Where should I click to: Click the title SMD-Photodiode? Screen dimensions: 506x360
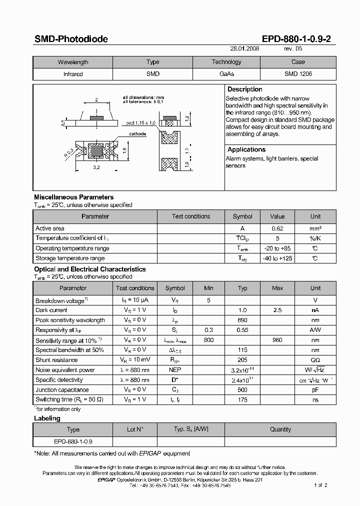click(x=70, y=39)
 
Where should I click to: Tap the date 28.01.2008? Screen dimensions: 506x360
click(x=245, y=49)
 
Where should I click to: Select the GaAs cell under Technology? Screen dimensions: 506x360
click(x=226, y=73)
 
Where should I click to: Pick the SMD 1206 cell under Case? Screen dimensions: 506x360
click(x=298, y=73)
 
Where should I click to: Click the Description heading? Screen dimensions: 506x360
click(x=244, y=89)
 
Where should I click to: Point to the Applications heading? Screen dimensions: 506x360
click(x=246, y=149)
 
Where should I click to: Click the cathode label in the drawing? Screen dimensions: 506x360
click(x=137, y=134)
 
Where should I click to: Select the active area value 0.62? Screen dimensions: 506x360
click(x=277, y=228)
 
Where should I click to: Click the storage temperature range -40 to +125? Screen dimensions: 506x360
click(x=277, y=258)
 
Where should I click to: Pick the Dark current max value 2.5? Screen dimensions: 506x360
click(x=277, y=310)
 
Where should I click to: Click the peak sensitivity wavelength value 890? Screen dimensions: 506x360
click(x=242, y=320)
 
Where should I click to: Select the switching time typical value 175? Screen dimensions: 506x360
click(x=242, y=399)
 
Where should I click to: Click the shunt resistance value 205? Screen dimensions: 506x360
click(x=242, y=360)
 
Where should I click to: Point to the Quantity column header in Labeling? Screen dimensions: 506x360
click(x=280, y=429)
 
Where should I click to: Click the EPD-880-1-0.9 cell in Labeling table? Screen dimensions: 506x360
click(x=73, y=441)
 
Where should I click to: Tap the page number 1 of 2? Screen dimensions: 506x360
click(x=320, y=485)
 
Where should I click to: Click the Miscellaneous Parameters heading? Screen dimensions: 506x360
click(x=73, y=197)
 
